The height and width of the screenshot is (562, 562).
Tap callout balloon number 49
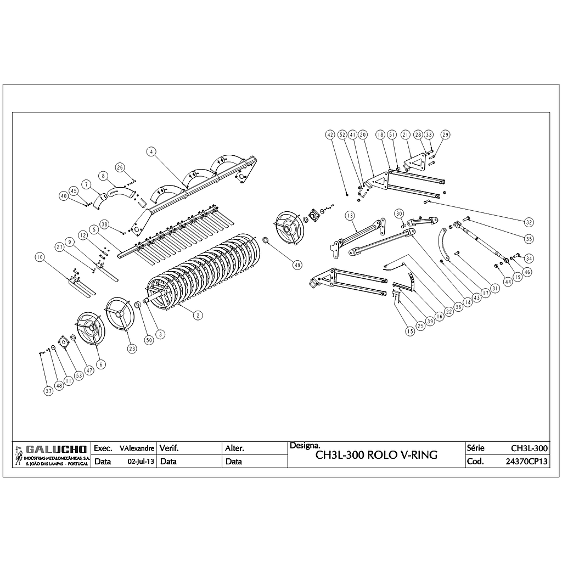pyautogui.click(x=297, y=265)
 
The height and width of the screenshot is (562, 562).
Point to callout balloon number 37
pyautogui.click(x=49, y=391)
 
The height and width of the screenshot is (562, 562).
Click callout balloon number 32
pyautogui.click(x=529, y=222)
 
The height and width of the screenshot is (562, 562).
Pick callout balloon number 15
pyautogui.click(x=409, y=331)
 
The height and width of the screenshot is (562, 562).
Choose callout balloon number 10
pyautogui.click(x=39, y=257)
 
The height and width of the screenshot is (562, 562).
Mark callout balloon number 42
pyautogui.click(x=330, y=134)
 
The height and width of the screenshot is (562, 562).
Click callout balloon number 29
pyautogui.click(x=445, y=134)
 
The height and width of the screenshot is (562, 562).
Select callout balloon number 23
pyautogui.click(x=132, y=349)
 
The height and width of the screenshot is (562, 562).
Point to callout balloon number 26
pyautogui.click(x=120, y=167)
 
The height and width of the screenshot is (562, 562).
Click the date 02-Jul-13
pyautogui.click(x=140, y=462)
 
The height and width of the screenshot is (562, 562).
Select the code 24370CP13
pyautogui.click(x=526, y=462)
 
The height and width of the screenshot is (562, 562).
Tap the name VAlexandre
pyautogui.click(x=137, y=448)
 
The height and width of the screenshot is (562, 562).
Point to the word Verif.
pyautogui.click(x=169, y=448)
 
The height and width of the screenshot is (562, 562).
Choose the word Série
pyautogui.click(x=475, y=448)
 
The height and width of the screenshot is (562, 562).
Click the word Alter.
pyautogui.click(x=235, y=448)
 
